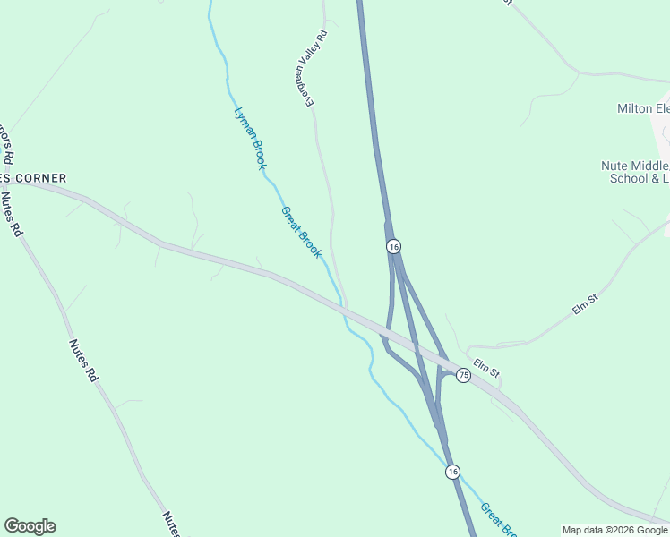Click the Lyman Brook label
250,138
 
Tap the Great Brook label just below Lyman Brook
301,232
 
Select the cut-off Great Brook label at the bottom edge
498,520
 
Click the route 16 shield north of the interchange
393,246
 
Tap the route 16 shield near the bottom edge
453,472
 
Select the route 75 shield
463,375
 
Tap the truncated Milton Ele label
642,108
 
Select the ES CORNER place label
34,178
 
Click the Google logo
30,526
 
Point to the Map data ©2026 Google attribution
614,530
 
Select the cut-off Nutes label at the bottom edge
171,524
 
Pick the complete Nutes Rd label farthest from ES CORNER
82,361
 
